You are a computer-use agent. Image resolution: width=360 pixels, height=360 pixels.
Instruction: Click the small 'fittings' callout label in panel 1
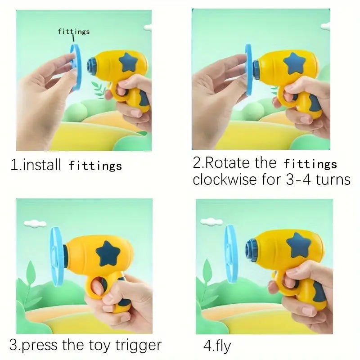[73, 31]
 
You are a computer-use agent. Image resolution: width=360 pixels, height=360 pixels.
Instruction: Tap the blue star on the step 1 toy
[129, 63]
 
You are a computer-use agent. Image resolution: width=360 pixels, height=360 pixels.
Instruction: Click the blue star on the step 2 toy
[294, 63]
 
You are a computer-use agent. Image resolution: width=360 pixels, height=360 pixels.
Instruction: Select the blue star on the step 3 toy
[108, 253]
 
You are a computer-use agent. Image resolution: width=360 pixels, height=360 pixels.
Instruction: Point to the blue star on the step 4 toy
[298, 245]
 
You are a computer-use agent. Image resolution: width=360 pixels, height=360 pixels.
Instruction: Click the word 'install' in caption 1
[42, 165]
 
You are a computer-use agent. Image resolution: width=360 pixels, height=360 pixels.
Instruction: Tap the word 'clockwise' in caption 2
[225, 179]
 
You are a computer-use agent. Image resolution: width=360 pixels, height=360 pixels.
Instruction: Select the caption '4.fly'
[217, 346]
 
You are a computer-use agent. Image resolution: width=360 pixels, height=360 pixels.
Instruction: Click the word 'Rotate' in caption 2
[227, 162]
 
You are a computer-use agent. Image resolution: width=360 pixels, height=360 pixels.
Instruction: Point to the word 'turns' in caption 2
[333, 179]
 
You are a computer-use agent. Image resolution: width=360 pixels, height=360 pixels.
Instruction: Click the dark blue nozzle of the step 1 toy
[92, 67]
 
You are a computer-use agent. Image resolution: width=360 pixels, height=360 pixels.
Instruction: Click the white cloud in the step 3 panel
[35, 223]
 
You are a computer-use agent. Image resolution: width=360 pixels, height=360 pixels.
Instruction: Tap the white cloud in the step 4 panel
[211, 222]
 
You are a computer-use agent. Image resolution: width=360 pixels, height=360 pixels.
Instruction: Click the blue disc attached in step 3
[57, 256]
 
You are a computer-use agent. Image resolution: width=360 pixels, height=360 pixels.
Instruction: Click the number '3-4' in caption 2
[298, 179]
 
